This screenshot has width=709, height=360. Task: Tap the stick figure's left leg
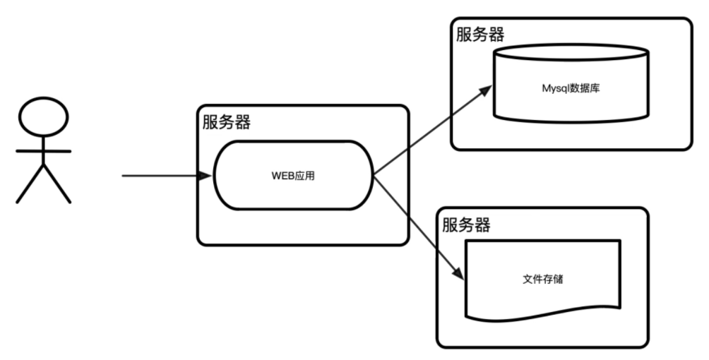pyautogui.click(x=30, y=185)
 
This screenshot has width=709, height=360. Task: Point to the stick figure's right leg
pyautogui.click(x=58, y=185)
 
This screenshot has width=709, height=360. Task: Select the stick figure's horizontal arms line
pyautogui.click(x=44, y=151)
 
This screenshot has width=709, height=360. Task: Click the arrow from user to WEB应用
pyautogui.click(x=162, y=175)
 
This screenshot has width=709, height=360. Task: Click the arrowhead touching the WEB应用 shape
pyautogui.click(x=206, y=175)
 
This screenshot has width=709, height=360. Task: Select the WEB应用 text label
pyautogui.click(x=293, y=176)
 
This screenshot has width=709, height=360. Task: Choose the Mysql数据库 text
pyautogui.click(x=571, y=90)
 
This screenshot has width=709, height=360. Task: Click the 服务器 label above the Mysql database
pyautogui.click(x=480, y=34)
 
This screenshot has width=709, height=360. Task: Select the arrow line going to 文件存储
pyautogui.click(x=417, y=226)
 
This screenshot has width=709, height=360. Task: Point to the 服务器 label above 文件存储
pyautogui.click(x=466, y=225)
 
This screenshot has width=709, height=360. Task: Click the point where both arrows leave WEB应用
pyautogui.click(x=373, y=175)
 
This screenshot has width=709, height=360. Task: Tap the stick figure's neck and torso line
pyautogui.click(x=44, y=152)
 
